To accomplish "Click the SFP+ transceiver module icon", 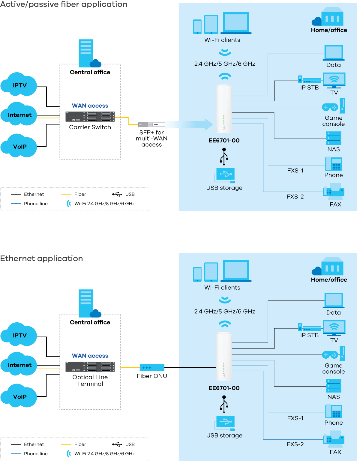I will coord(151,124).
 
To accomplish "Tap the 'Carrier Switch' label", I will coord(90,127).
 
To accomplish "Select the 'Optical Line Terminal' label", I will coord(90,380).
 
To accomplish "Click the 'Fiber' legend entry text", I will coord(80,194).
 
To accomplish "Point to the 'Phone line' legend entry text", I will coord(36,204).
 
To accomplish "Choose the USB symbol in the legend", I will coord(117,194).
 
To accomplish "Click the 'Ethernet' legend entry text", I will coord(34,194).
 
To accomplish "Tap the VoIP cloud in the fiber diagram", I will coord(19,146).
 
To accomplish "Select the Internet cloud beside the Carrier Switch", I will coord(19,115).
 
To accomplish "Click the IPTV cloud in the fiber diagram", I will coord(19,85).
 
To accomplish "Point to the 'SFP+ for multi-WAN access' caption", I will coord(151,139).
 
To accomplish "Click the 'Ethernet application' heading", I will coord(41,258).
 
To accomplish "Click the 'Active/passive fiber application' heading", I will coord(63,4).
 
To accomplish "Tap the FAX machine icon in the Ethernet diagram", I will coord(334,439).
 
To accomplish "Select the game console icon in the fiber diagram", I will coord(333,106).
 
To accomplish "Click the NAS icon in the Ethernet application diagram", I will coord(334,386).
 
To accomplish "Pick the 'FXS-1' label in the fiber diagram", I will coord(295,171).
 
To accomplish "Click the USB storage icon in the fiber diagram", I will coord(225,175).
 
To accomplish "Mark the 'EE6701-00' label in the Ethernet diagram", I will coord(224,388).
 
